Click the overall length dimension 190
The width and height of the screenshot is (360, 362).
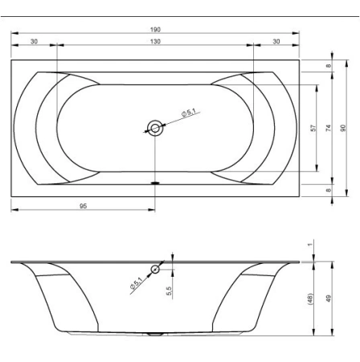(155, 30)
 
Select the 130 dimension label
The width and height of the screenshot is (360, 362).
(155, 42)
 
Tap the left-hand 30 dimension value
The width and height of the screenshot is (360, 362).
(35, 42)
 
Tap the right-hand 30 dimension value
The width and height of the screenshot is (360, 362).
(276, 42)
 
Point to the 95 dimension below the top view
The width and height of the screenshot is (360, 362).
(84, 206)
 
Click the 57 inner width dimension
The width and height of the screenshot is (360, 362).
(313, 128)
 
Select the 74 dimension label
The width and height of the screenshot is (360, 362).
(329, 128)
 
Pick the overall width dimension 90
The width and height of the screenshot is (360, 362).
(343, 128)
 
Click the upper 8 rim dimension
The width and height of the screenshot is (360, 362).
(329, 66)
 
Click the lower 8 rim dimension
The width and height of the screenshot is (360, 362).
(329, 190)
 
